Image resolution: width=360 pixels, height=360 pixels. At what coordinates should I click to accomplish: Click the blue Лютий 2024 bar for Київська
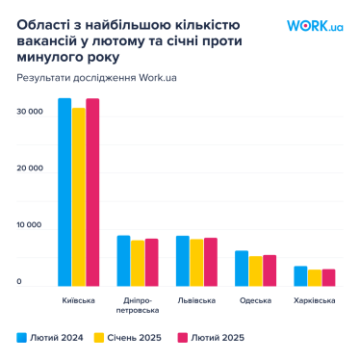pyautogui.click(x=64, y=193)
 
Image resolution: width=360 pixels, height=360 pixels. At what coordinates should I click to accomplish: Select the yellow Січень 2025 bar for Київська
pyautogui.click(x=78, y=196)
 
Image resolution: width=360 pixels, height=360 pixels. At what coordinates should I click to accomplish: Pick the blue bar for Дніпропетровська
pyautogui.click(x=123, y=261)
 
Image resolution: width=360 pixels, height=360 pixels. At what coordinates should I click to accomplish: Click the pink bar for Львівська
pyautogui.click(x=211, y=262)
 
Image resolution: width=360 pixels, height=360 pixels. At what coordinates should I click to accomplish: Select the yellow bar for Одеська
pyautogui.click(x=255, y=270)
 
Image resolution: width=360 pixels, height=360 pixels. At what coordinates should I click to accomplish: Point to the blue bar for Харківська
pyautogui.click(x=300, y=275)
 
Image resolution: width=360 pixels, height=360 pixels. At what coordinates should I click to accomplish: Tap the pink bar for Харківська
pyautogui.click(x=328, y=277)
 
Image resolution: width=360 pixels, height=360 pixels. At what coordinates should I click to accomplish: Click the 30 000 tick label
pyautogui.click(x=31, y=112)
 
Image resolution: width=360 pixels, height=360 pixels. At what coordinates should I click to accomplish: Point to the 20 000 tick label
pyautogui.click(x=31, y=168)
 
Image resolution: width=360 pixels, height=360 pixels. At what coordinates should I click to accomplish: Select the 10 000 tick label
pyautogui.click(x=31, y=225)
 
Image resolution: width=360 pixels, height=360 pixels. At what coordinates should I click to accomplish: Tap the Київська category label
pyautogui.click(x=78, y=301)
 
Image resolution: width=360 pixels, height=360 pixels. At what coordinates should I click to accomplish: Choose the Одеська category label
pyautogui.click(x=255, y=301)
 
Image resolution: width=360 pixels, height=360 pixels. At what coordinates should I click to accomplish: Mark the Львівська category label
pyautogui.click(x=196, y=301)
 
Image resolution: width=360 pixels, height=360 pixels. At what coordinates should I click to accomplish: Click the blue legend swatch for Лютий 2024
pyautogui.click(x=21, y=338)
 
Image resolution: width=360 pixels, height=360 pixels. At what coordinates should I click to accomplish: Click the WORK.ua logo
pyautogui.click(x=315, y=27)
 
